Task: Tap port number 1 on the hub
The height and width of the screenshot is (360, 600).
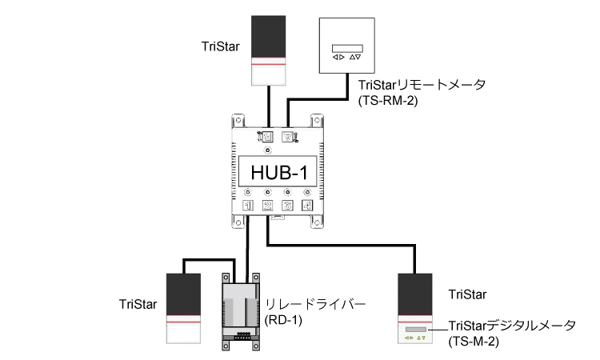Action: coord(248,205)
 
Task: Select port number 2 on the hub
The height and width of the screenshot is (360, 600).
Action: coord(268,205)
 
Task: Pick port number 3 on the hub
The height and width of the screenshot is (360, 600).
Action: coord(288,205)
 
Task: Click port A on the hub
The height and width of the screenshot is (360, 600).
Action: coord(268,137)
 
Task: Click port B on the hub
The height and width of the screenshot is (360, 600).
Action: coord(288,137)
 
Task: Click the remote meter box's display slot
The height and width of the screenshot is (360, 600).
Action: coord(346,46)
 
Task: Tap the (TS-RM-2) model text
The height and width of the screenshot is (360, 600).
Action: coord(385,101)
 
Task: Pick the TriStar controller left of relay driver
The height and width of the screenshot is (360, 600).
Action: coord(182,308)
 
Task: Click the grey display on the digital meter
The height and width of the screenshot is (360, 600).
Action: coord(416,328)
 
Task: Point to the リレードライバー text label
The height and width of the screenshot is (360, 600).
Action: coord(314,304)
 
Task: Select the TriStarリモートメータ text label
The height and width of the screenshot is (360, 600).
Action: coord(422,86)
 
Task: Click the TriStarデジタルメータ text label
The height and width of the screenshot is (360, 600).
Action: coord(512,326)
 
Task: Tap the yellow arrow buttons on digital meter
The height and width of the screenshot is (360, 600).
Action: coord(415,338)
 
